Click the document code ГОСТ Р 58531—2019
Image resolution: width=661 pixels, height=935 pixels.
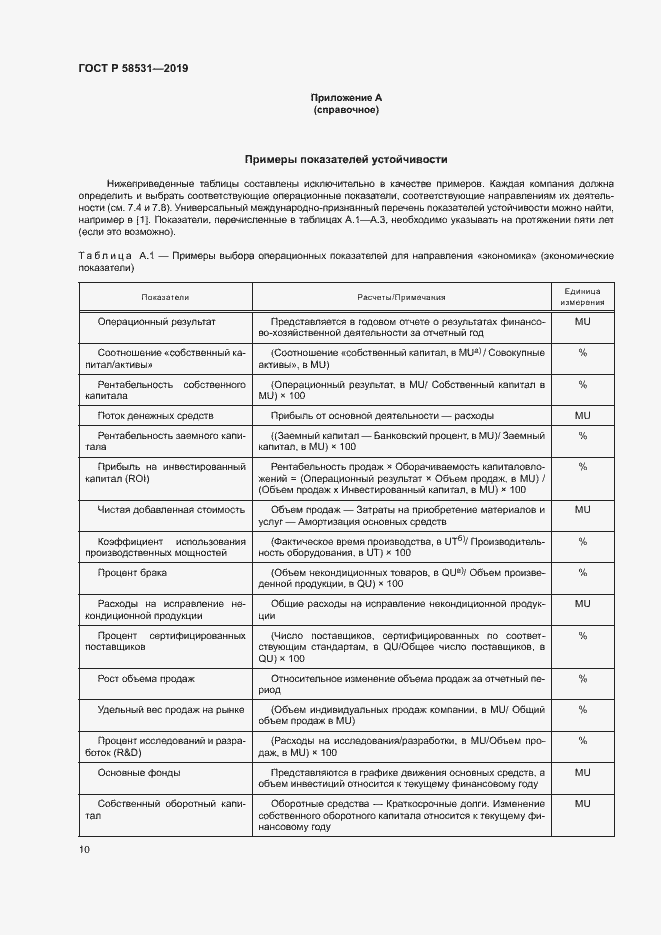tap(133, 68)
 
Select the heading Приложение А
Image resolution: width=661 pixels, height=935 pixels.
tap(346, 97)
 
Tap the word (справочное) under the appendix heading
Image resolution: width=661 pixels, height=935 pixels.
tap(346, 109)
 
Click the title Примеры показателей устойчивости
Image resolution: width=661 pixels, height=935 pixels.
tap(346, 159)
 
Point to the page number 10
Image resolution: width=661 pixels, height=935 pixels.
tap(84, 849)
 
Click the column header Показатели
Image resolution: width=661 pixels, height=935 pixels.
tap(165, 297)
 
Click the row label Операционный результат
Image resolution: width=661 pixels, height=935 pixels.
tap(156, 322)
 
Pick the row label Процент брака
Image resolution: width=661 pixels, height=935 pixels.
tap(132, 572)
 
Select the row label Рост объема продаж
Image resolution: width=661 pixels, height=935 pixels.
tap(146, 678)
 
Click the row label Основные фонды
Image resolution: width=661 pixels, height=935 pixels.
tap(139, 773)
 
